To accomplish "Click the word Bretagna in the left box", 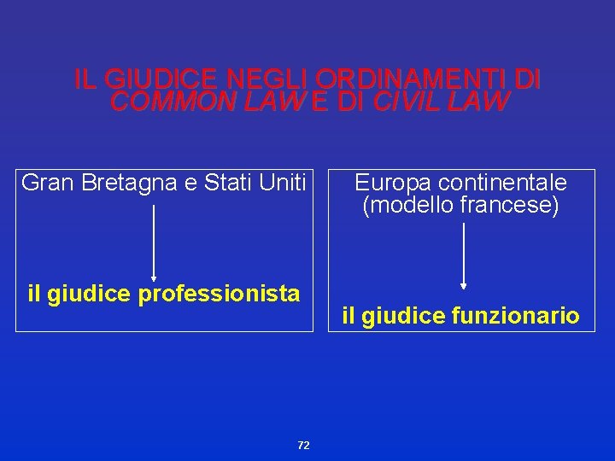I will (130, 182).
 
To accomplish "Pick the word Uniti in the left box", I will (284, 182).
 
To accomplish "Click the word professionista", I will (219, 295).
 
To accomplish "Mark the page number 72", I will (303, 446).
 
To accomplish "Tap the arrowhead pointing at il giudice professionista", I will (154, 277).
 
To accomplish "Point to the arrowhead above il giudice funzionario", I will (463, 286).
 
